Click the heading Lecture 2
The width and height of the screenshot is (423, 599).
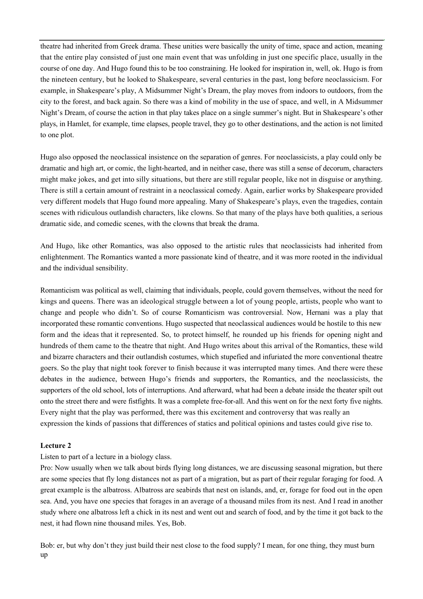pos(56,446)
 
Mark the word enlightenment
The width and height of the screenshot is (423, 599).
pos(61,257)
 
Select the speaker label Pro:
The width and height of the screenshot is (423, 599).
pos(47,468)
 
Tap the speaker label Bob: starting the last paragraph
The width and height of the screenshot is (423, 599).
pos(48,546)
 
